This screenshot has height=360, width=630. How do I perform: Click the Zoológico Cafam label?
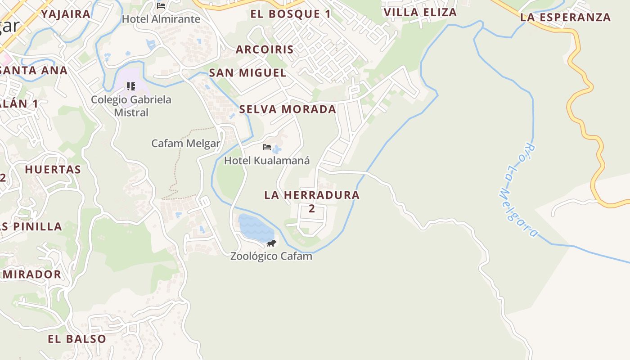[271, 256]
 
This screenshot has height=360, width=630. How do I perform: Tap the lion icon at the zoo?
[271, 243]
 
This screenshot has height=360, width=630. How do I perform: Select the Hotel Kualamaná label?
[267, 160]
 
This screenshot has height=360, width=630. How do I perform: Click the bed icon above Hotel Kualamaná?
[267, 147]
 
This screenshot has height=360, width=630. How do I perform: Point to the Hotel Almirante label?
[161, 19]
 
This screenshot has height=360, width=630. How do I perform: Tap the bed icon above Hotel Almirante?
[161, 6]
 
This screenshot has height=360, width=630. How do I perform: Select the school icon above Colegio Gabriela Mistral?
[131, 86]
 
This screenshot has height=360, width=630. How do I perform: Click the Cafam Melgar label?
[185, 144]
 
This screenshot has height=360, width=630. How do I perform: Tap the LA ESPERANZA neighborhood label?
[565, 18]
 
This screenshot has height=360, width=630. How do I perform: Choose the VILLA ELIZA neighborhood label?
[420, 12]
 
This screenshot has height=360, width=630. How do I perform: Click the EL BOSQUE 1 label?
[290, 14]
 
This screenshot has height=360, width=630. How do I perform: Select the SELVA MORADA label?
[288, 109]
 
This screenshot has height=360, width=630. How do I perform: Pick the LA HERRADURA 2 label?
[312, 201]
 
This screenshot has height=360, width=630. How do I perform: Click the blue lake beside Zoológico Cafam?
[255, 229]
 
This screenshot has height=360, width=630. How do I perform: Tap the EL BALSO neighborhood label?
[77, 339]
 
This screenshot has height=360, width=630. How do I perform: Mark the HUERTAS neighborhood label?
[53, 170]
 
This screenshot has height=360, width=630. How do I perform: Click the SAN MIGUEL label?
[247, 72]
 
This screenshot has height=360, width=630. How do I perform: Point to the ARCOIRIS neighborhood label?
[265, 49]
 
